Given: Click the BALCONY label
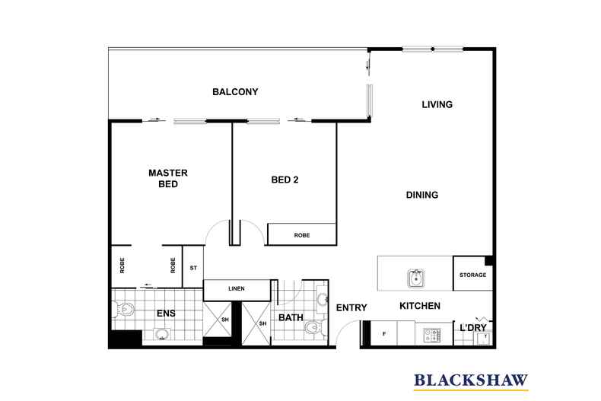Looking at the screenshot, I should pos(235,92).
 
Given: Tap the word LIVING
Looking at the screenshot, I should pos(437,104).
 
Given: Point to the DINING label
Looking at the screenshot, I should pos(421,195).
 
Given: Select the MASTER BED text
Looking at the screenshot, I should pos(167,178).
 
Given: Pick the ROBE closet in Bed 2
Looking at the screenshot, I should pos(301,235).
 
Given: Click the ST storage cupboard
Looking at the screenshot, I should pos(193,267).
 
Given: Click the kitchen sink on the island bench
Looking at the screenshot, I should pos(415,279).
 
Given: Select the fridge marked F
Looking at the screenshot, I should pos(383,333).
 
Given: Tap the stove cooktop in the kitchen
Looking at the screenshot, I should pos(432,333).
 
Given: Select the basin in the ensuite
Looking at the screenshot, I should pos(161,334).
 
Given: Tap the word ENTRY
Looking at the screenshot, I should pos(351,307).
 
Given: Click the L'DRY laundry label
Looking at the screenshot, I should pos(473,327).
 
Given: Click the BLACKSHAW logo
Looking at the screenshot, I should pos(470,380).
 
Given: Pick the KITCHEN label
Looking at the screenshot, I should pos(420,306).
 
